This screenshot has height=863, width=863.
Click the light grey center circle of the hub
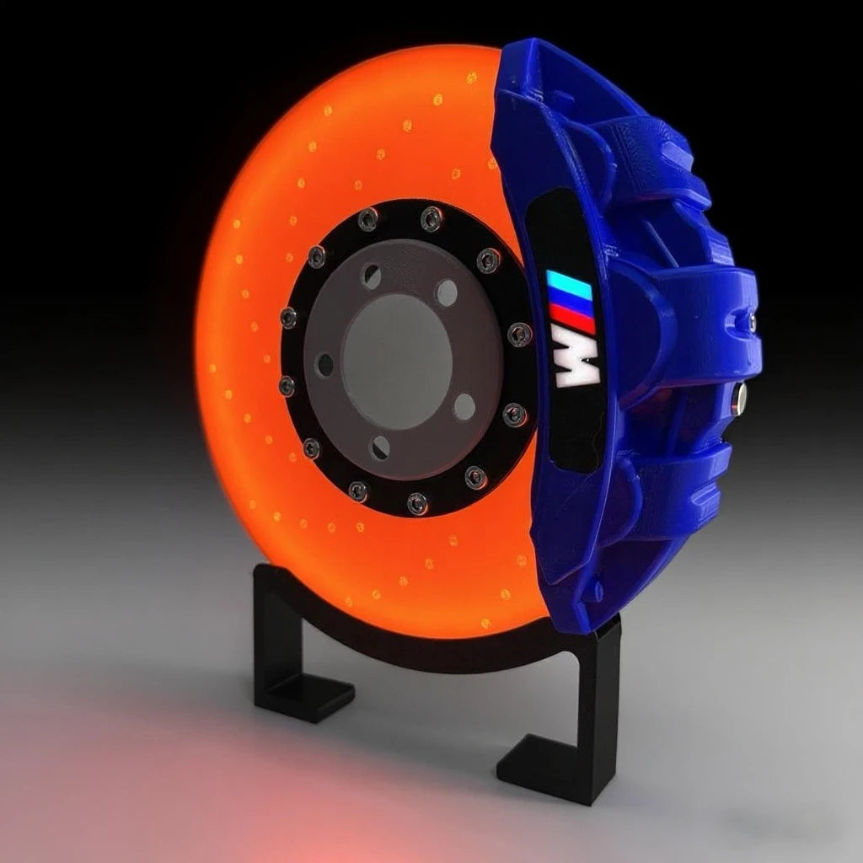pyautogui.click(x=397, y=349)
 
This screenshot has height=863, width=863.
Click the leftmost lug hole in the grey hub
pyautogui.click(x=324, y=365)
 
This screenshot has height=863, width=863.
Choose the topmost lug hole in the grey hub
pyautogui.click(x=372, y=276)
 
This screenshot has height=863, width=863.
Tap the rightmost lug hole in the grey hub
pyautogui.click(x=464, y=407)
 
